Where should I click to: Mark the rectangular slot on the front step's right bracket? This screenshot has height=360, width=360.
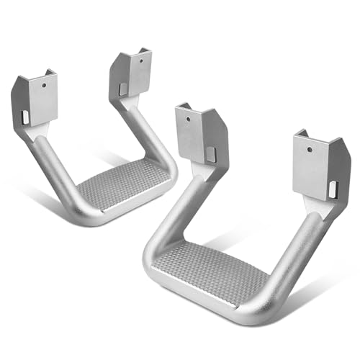[332, 189]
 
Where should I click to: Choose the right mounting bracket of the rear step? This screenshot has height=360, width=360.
[130, 76]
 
